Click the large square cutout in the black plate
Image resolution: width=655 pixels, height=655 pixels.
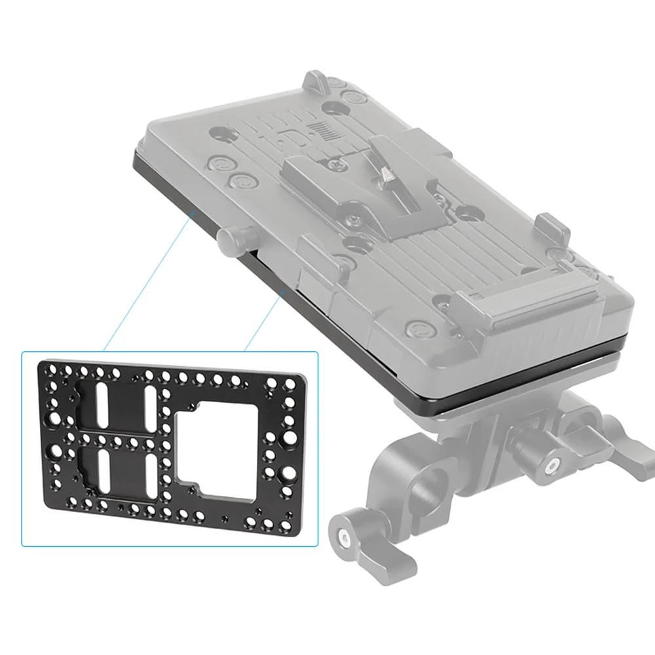click(209, 447)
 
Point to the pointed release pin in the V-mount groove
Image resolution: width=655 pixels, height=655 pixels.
click(384, 175)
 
